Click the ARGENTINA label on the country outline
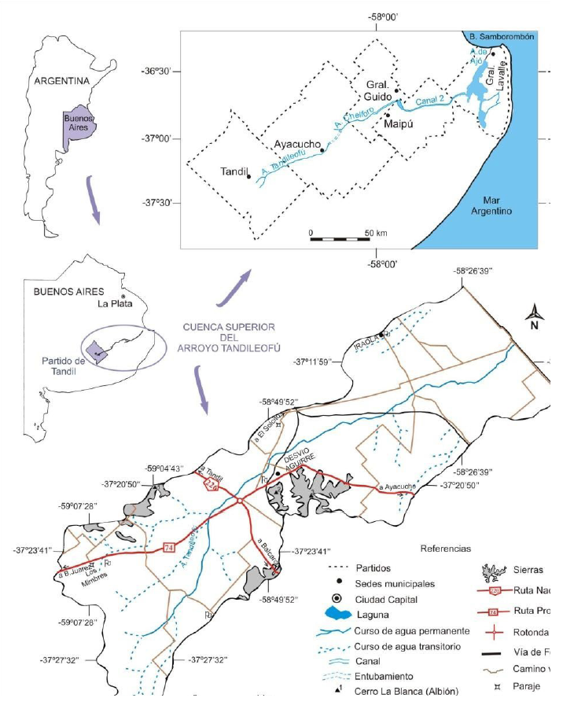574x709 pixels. pos(58,80)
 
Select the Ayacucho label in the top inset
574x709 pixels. pos(297,145)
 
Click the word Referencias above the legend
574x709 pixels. pos(446,549)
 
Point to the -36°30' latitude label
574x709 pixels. pos(160,72)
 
